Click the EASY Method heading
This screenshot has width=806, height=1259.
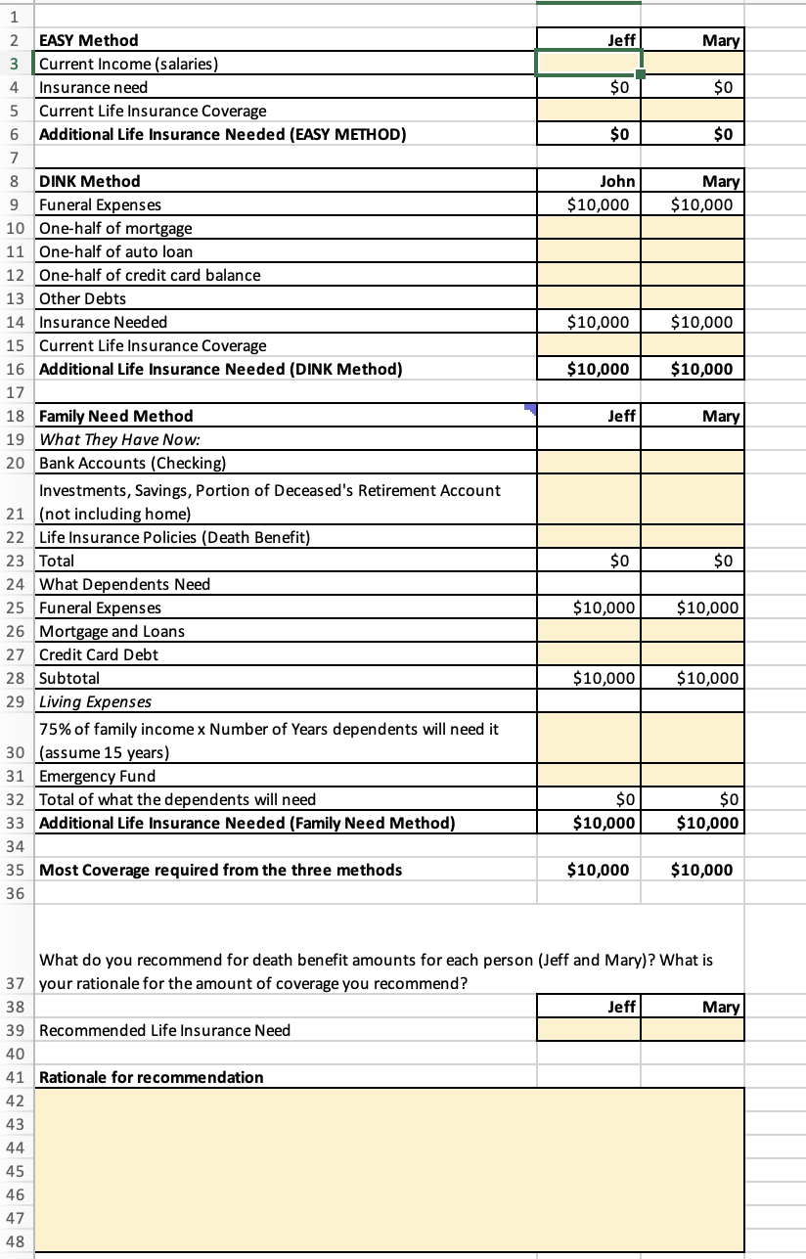click(x=88, y=40)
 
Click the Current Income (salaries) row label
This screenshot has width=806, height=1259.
click(x=128, y=64)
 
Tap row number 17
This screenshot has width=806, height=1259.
click(x=15, y=391)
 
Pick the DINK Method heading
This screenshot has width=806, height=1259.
click(x=89, y=181)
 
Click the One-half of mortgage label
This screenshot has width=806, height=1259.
click(x=115, y=228)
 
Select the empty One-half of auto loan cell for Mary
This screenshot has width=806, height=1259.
click(x=693, y=251)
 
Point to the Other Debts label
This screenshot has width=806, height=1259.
click(x=82, y=298)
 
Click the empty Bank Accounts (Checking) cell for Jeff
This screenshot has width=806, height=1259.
click(x=588, y=463)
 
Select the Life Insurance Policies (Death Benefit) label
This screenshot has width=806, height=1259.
click(x=174, y=537)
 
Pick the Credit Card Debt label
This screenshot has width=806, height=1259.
click(x=99, y=654)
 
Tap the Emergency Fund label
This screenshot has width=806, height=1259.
click(x=97, y=776)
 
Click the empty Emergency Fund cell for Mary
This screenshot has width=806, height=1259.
click(x=693, y=776)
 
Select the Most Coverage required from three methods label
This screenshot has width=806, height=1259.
click(x=220, y=870)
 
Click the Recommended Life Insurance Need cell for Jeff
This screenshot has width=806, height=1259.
click(x=588, y=1030)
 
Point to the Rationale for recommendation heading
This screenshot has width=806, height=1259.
click(x=151, y=1077)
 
